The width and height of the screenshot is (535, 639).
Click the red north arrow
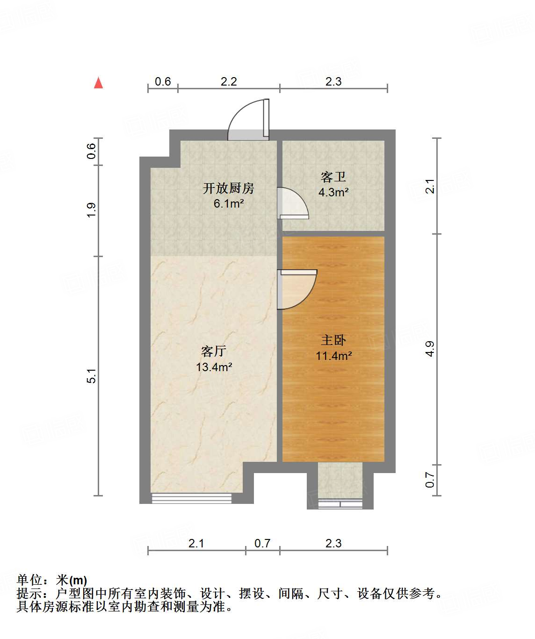click(x=98, y=83)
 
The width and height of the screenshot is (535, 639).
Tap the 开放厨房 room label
click(x=228, y=188)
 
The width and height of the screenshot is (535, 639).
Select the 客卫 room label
click(x=333, y=177)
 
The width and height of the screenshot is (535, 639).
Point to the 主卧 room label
click(x=333, y=340)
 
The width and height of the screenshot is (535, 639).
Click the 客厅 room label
click(x=214, y=351)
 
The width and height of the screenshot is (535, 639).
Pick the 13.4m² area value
click(x=214, y=367)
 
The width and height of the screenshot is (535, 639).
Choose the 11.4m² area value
click(x=333, y=356)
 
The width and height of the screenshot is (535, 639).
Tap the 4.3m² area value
click(x=333, y=192)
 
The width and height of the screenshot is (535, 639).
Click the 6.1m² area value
click(x=228, y=204)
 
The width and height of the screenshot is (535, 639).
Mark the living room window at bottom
click(x=191, y=498)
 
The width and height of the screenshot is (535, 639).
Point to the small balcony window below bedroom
click(x=340, y=504)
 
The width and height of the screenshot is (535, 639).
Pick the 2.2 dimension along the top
click(x=229, y=81)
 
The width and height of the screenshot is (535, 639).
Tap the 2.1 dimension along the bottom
click(x=196, y=543)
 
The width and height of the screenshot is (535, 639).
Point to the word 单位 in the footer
click(x=29, y=580)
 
